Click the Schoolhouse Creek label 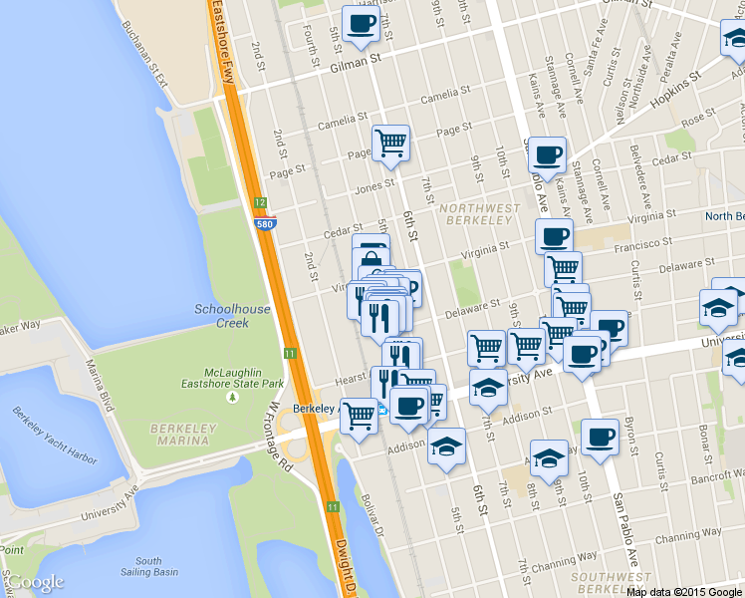click(233, 316)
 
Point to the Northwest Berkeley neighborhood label click(477, 213)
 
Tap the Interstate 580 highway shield click(265, 224)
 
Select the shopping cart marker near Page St click(390, 143)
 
